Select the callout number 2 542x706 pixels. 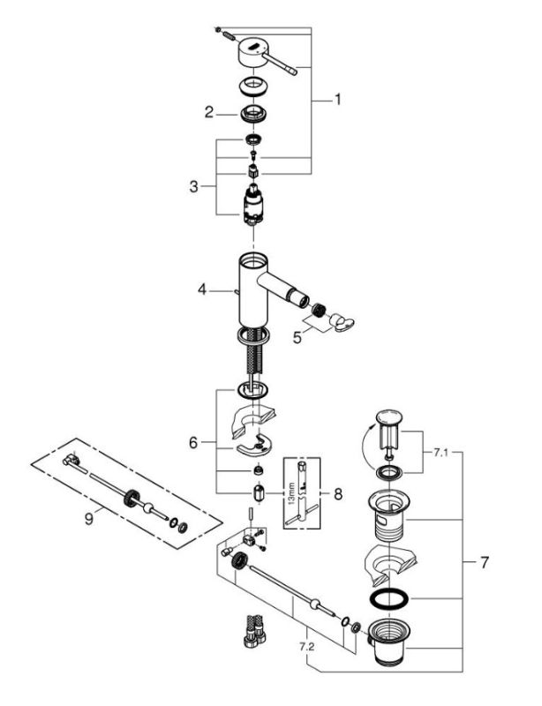click(x=209, y=112)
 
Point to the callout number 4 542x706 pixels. click(x=201, y=289)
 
